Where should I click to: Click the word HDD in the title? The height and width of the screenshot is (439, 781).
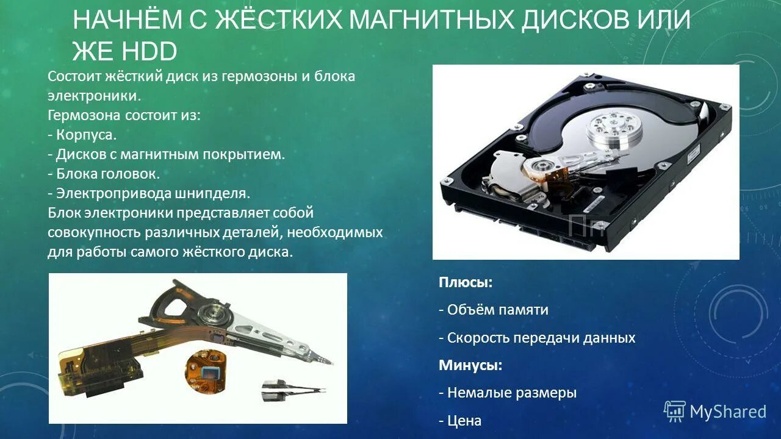coord(149,52)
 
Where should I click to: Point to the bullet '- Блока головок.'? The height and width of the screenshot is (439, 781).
coord(104,174)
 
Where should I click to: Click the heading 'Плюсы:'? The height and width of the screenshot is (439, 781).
coord(465,282)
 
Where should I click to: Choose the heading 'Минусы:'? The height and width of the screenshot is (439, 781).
coord(470,365)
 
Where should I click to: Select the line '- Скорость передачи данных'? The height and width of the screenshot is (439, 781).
coord(537,338)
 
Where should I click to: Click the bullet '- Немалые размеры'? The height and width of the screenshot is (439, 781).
coord(507,393)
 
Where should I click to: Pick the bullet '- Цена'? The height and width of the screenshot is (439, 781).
coord(460,421)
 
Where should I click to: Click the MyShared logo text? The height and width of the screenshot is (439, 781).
coord(727,412)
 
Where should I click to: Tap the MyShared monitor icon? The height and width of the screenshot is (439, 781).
coord(675,412)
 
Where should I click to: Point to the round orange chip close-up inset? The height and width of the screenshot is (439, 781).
coord(205,371)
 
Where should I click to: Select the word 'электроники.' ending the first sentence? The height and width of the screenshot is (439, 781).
coord(95,96)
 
